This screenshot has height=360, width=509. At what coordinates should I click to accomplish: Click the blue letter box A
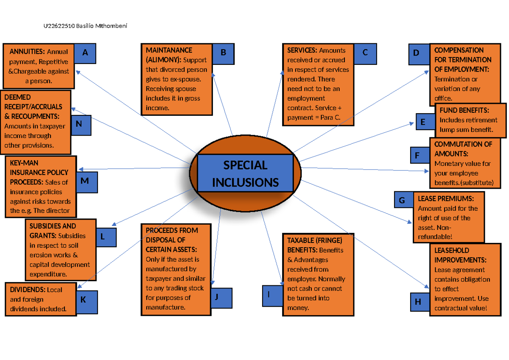85,53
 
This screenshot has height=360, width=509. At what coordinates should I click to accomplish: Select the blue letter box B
223,53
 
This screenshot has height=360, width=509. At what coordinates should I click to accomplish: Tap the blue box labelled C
365,53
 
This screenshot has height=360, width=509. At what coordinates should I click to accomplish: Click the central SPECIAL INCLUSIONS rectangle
245,173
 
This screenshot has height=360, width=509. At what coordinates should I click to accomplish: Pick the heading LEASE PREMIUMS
445,198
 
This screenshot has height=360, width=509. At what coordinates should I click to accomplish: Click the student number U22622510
59,26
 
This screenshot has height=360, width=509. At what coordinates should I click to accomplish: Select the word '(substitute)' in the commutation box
477,183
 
